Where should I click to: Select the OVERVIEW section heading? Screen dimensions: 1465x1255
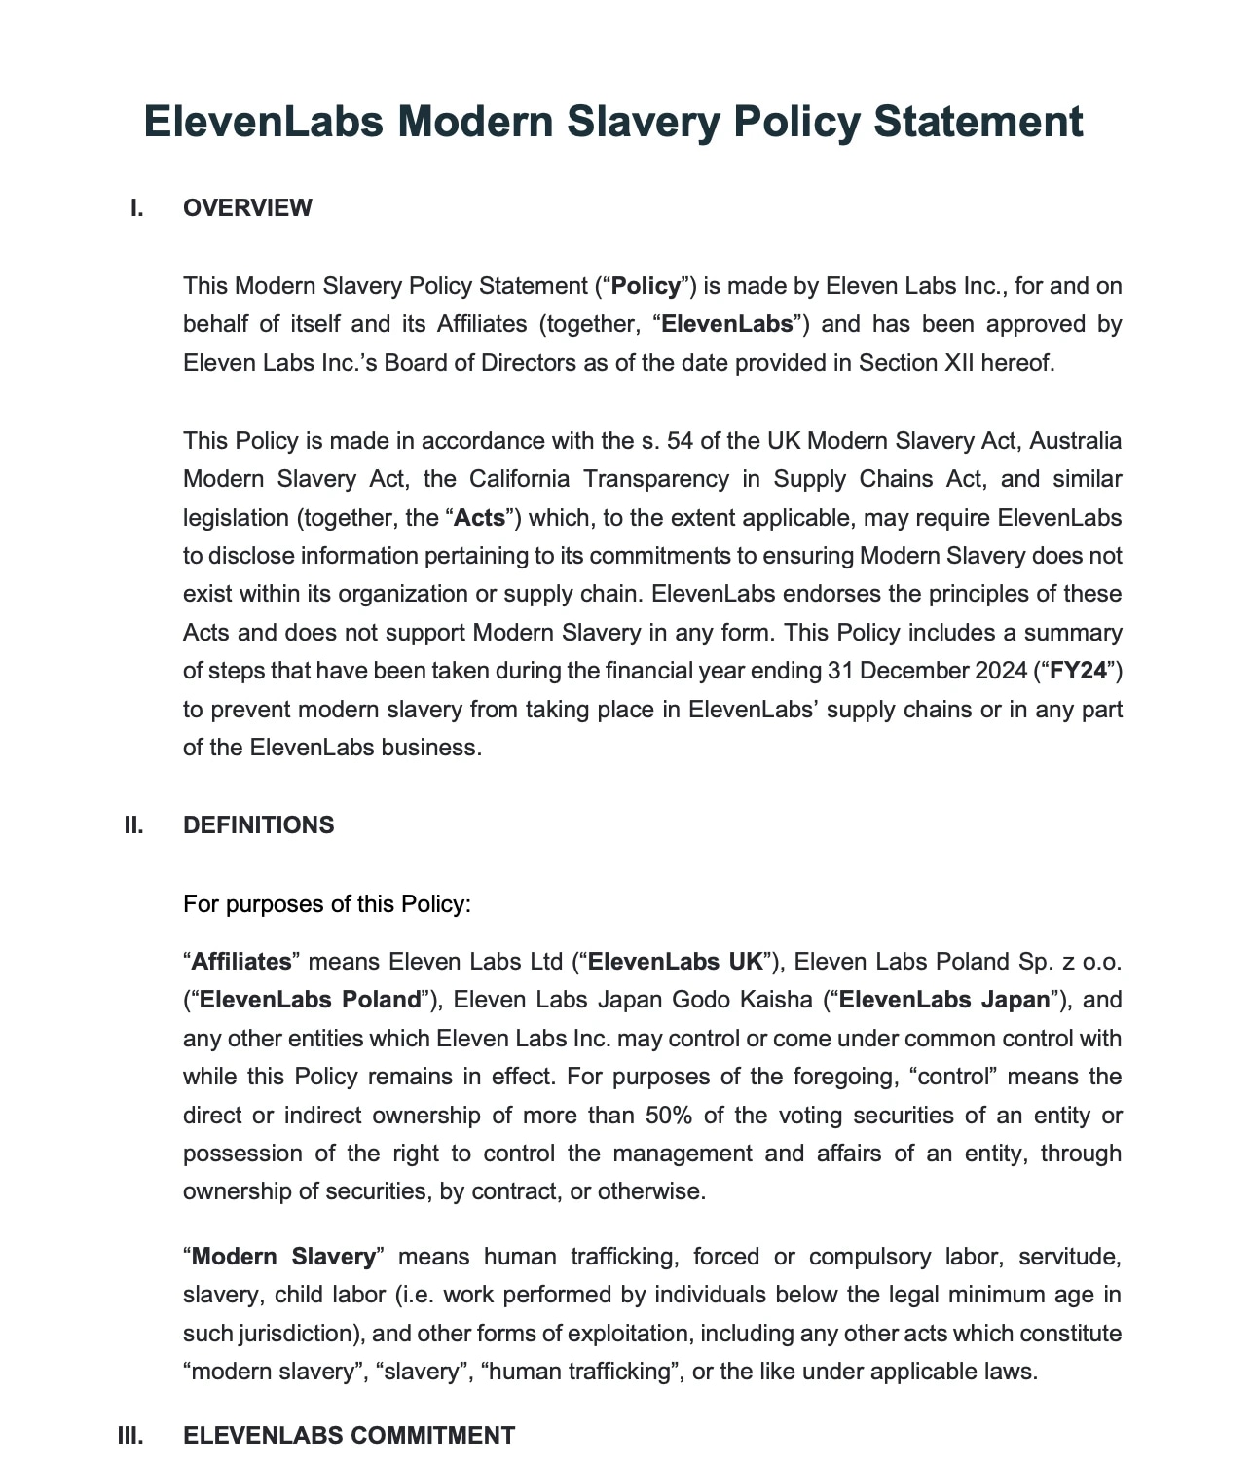click(x=247, y=208)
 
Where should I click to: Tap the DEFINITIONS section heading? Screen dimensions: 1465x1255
click(x=258, y=825)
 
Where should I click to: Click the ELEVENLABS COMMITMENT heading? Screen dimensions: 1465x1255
click(x=349, y=1436)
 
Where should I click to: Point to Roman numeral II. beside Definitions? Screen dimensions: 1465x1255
click(x=133, y=825)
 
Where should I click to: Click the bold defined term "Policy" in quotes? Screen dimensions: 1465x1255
click(x=646, y=286)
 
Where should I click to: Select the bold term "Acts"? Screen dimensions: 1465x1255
click(x=479, y=518)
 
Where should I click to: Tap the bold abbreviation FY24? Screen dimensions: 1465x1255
click(x=1079, y=671)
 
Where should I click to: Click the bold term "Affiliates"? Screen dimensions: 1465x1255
click(x=241, y=962)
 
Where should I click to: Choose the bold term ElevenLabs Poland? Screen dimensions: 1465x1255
click(x=309, y=1000)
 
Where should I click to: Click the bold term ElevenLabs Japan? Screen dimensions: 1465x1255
click(x=944, y=1000)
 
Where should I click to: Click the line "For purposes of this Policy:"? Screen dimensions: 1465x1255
click(x=326, y=904)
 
